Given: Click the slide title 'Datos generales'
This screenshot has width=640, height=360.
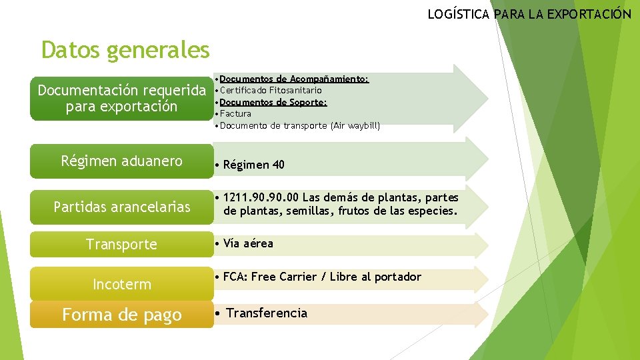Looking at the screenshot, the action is (125, 50).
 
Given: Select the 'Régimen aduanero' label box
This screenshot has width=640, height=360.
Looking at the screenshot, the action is (121, 161).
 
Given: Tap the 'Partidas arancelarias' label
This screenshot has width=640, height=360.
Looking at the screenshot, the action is (121, 207).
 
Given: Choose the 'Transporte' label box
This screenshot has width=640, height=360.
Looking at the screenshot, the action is (121, 245).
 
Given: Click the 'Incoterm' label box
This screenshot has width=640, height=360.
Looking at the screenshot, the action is (121, 285).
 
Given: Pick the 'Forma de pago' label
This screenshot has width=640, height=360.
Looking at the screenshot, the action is (121, 315).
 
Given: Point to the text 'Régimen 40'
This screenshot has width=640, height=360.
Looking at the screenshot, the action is (253, 165).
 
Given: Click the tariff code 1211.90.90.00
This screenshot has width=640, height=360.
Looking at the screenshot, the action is (261, 198).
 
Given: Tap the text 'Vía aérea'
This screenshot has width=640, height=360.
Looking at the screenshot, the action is (248, 244).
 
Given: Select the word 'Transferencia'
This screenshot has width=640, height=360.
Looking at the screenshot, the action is (267, 313).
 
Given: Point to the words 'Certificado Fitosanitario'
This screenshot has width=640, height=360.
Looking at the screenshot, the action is (271, 90).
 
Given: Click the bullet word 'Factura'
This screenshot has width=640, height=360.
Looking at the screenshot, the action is (235, 114).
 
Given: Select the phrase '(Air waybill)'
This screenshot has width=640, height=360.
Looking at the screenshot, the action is (355, 125).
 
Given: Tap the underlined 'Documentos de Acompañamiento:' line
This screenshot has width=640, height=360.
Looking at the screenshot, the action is (294, 79).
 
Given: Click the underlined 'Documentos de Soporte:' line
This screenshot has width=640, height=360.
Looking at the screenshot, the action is (273, 102).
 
